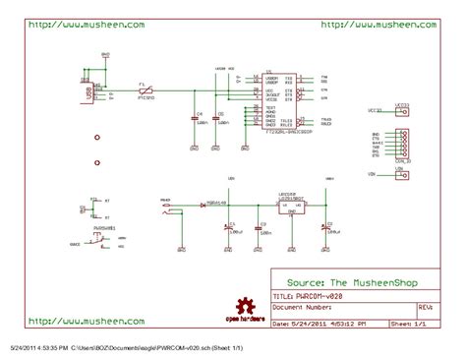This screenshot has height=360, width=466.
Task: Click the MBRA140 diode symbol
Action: click(x=203, y=205)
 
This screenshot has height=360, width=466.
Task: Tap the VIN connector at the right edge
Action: click(x=399, y=174)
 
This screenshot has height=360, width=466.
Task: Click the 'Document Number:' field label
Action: click(x=302, y=307)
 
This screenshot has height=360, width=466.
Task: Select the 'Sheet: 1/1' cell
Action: click(x=412, y=323)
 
